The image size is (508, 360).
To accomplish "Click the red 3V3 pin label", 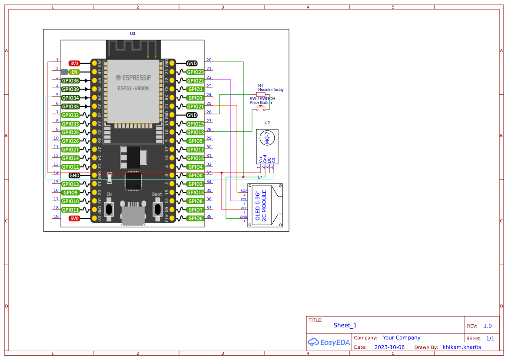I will tap(74, 63).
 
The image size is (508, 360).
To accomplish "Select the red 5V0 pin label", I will tap(74, 218).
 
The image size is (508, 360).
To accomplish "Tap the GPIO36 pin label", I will tap(70, 80).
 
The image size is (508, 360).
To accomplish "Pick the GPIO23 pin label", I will tap(195, 72).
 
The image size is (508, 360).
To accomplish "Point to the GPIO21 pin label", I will tap(195, 107).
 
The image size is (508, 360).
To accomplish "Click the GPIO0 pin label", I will tap(195, 176).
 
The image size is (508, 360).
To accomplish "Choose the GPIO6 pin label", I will tap(195, 218).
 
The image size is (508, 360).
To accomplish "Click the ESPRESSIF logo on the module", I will tap(133, 78).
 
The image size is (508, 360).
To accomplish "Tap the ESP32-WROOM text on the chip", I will tap(133, 88).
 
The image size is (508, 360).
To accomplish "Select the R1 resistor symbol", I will tap(261, 94).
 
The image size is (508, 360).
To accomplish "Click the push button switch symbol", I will tap(261, 108).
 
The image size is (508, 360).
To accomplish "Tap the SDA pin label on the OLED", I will tap(244, 191).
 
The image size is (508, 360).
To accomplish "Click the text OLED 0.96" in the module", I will tap(258, 205).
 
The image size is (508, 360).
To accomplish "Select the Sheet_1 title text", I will tap(345, 325).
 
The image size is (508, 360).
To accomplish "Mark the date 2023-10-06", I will tap(389, 347).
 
